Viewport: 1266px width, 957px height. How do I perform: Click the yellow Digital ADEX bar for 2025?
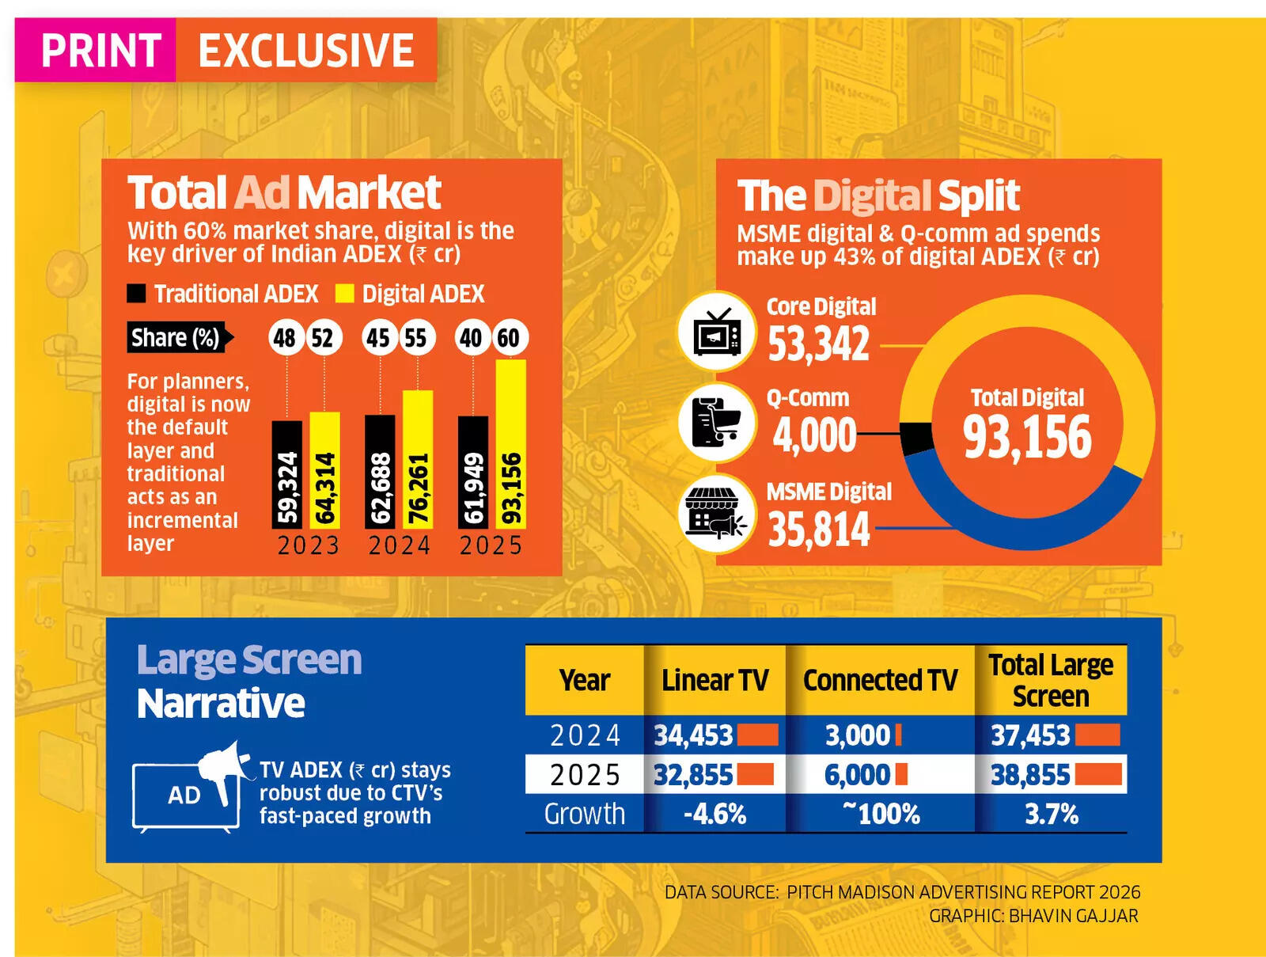coord(510,443)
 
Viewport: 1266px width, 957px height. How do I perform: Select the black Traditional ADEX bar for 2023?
coord(286,473)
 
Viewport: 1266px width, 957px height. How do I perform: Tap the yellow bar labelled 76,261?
coord(417,459)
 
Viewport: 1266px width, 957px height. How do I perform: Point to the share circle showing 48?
coord(285,338)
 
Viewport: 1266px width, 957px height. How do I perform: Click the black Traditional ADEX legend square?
coord(136,294)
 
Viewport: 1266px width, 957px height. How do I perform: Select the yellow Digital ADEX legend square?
coord(344,294)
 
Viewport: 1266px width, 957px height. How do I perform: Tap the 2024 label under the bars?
coord(400,545)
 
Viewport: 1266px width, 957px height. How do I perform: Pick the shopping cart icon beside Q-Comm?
coord(717,423)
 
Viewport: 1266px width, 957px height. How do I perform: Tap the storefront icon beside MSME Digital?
coord(717,515)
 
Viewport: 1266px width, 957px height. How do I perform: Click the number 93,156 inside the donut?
coord(1027,437)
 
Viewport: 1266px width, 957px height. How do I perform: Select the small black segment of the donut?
coord(916,438)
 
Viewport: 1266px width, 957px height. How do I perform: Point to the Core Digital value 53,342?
coord(818,344)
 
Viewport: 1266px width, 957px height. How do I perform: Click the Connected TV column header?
coord(880,680)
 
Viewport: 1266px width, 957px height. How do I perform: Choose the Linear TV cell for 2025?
coord(714,775)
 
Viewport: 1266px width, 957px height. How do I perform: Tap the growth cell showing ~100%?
coord(880,814)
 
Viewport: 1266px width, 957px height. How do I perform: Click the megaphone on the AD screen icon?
coord(221,767)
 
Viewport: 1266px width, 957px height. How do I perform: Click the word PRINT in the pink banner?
coord(100,51)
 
